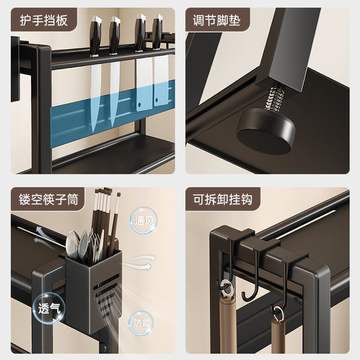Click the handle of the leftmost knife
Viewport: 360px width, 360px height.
[94, 37]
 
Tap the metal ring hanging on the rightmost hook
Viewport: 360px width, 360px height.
[278, 310]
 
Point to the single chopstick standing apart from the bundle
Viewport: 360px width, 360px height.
[116, 225]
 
